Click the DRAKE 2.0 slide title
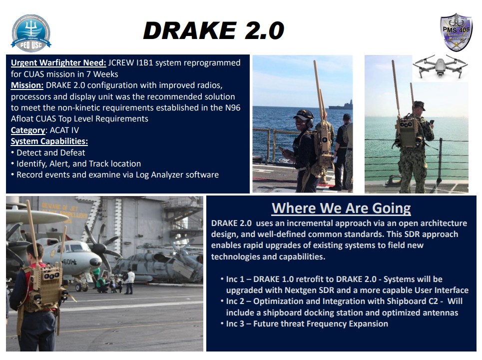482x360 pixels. (x=213, y=31)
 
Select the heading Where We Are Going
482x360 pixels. (x=341, y=208)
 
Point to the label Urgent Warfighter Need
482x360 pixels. (x=58, y=63)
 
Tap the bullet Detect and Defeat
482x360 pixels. (x=50, y=152)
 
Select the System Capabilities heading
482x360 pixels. (x=49, y=141)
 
